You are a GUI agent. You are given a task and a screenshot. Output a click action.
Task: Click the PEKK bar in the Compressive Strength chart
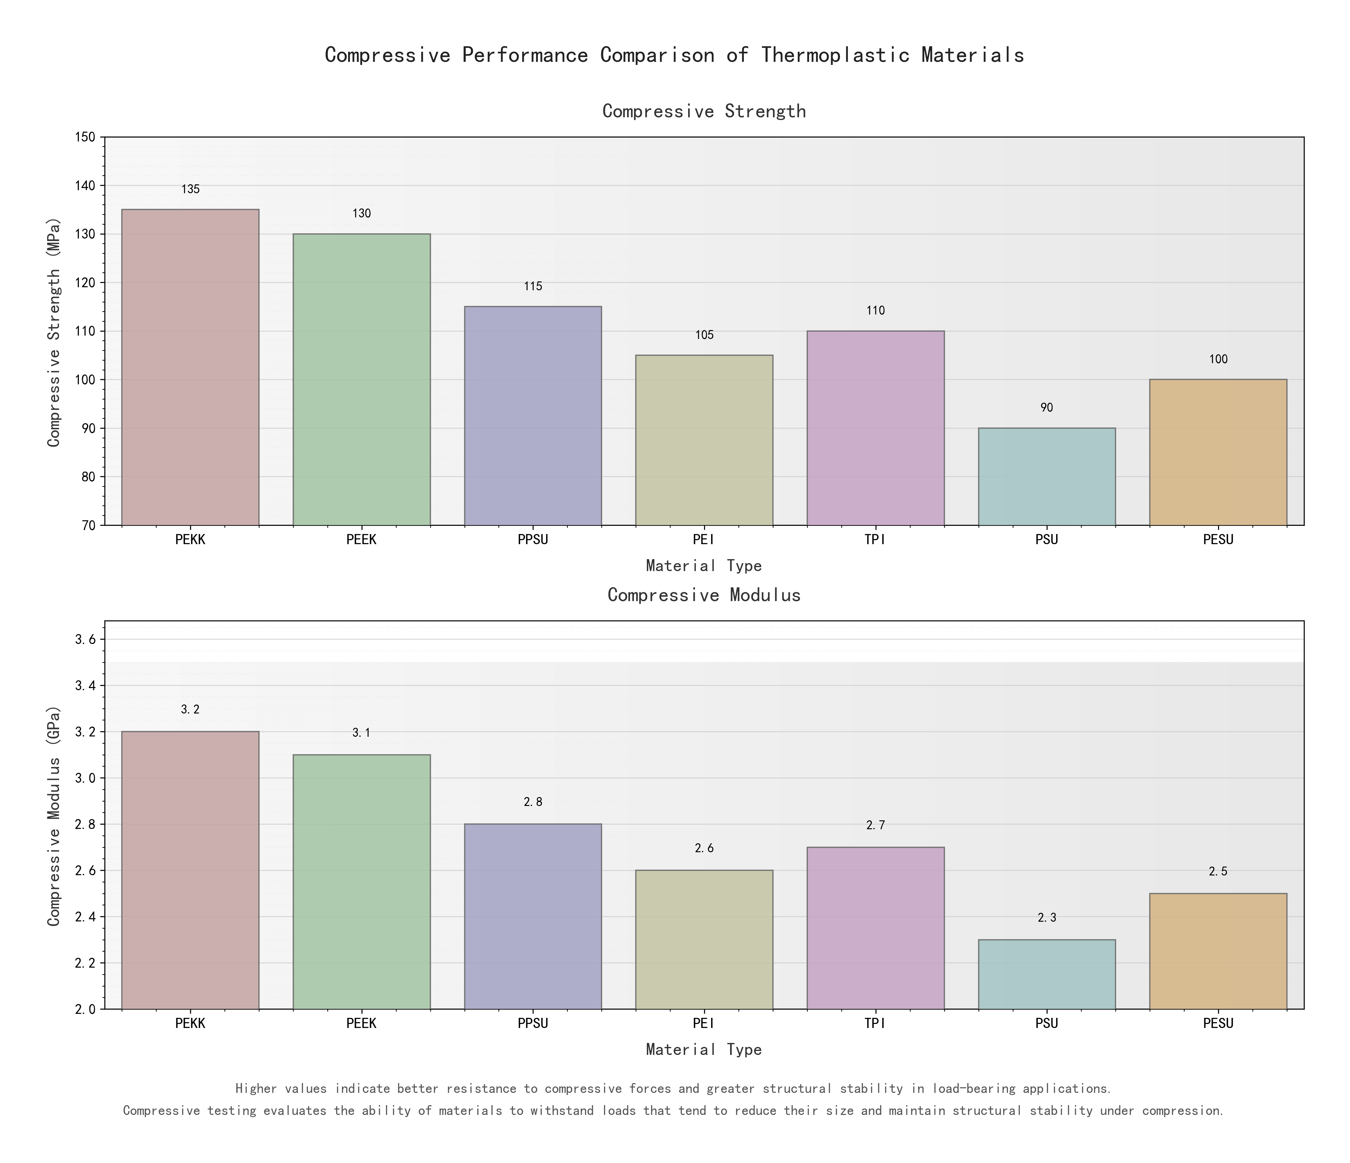click(x=190, y=367)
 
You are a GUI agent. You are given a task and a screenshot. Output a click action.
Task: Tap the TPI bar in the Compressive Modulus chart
click(x=875, y=928)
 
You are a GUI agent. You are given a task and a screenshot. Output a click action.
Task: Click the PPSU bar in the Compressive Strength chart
click(x=532, y=415)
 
